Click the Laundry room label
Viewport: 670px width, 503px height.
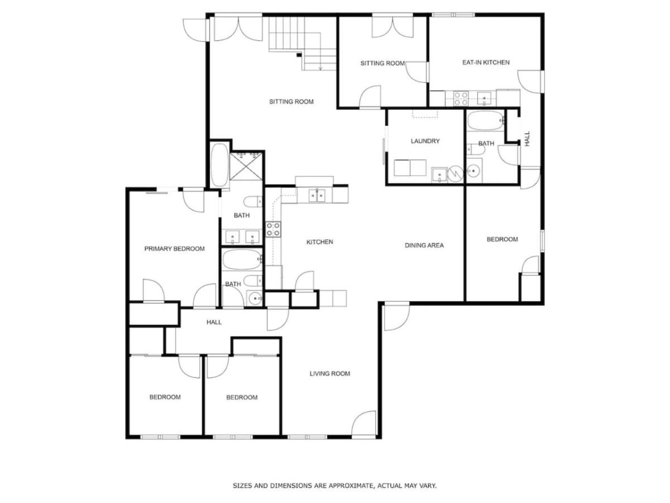pos(425,141)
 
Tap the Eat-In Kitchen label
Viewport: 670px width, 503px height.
pos(486,63)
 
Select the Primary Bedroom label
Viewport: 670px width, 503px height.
pos(174,249)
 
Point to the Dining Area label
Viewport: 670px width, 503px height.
pos(424,245)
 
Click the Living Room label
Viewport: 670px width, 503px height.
pos(329,373)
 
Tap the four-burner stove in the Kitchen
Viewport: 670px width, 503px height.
pos(273,229)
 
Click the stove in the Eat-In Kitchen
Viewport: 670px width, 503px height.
pos(461,99)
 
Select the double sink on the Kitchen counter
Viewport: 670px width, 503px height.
pos(317,196)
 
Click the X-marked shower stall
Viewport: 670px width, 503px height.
pos(246,167)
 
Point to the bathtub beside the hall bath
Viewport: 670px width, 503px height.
pos(242,259)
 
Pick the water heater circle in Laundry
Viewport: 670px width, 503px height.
pos(455,174)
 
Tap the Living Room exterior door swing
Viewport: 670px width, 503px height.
pos(364,424)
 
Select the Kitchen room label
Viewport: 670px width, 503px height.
pos(319,242)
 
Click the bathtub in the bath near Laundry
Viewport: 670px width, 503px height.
pos(485,121)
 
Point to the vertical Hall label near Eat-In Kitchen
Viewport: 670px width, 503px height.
pos(527,139)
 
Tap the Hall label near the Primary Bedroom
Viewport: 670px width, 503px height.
pos(214,322)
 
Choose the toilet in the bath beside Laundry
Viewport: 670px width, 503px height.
pos(476,150)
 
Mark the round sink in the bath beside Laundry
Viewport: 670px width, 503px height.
pos(473,170)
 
